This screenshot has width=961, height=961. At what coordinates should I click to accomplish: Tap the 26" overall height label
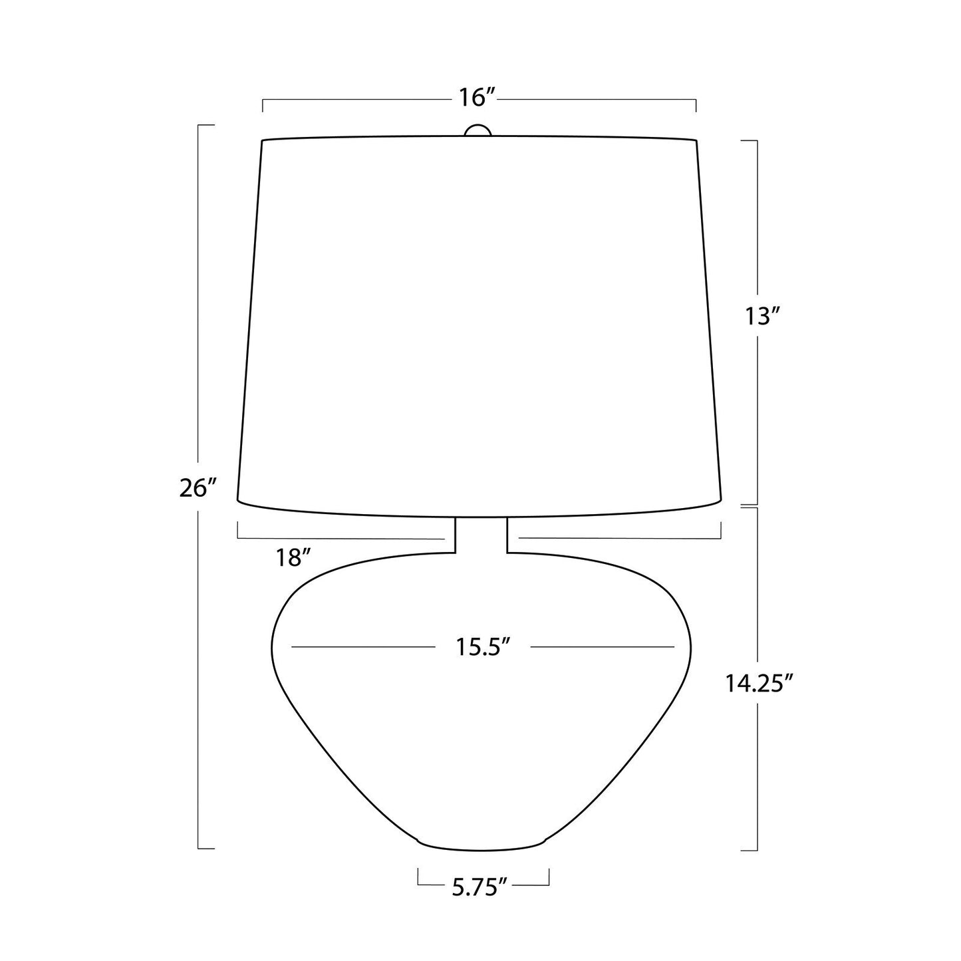[x=199, y=488]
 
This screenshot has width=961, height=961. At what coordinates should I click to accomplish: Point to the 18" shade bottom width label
[x=294, y=557]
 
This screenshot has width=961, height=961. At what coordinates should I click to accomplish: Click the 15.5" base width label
[x=483, y=647]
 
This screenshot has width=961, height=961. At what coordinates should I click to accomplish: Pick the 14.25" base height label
[x=758, y=684]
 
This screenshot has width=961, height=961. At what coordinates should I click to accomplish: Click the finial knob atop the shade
[x=478, y=130]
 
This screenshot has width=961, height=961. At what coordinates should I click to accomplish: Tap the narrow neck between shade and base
[x=481, y=535]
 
